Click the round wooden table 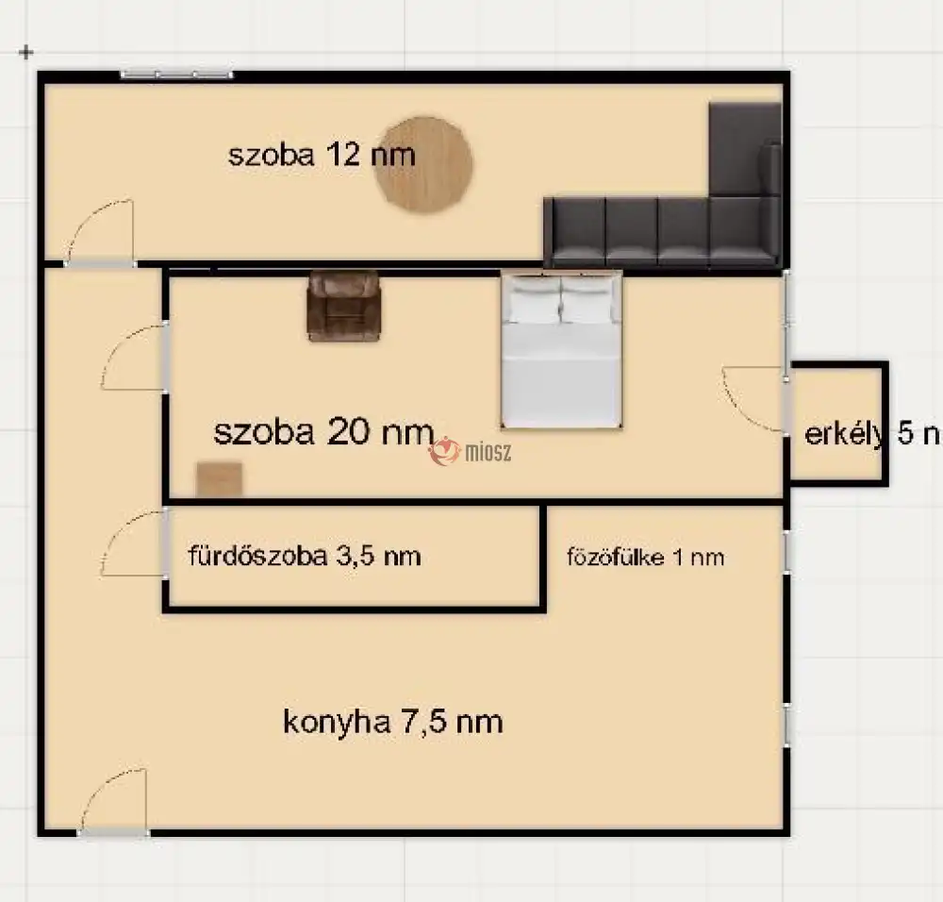[x=423, y=165]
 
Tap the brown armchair [x=344, y=305]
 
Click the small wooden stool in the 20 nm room [x=219, y=479]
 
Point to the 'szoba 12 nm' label [x=322, y=155]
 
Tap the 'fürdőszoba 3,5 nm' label [x=305, y=556]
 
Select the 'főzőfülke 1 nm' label [x=645, y=557]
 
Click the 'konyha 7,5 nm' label [x=392, y=723]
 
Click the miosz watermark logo [x=471, y=453]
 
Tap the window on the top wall [x=176, y=74]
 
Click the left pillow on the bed [x=534, y=301]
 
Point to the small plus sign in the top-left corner [x=26, y=52]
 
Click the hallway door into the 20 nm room [x=135, y=358]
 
